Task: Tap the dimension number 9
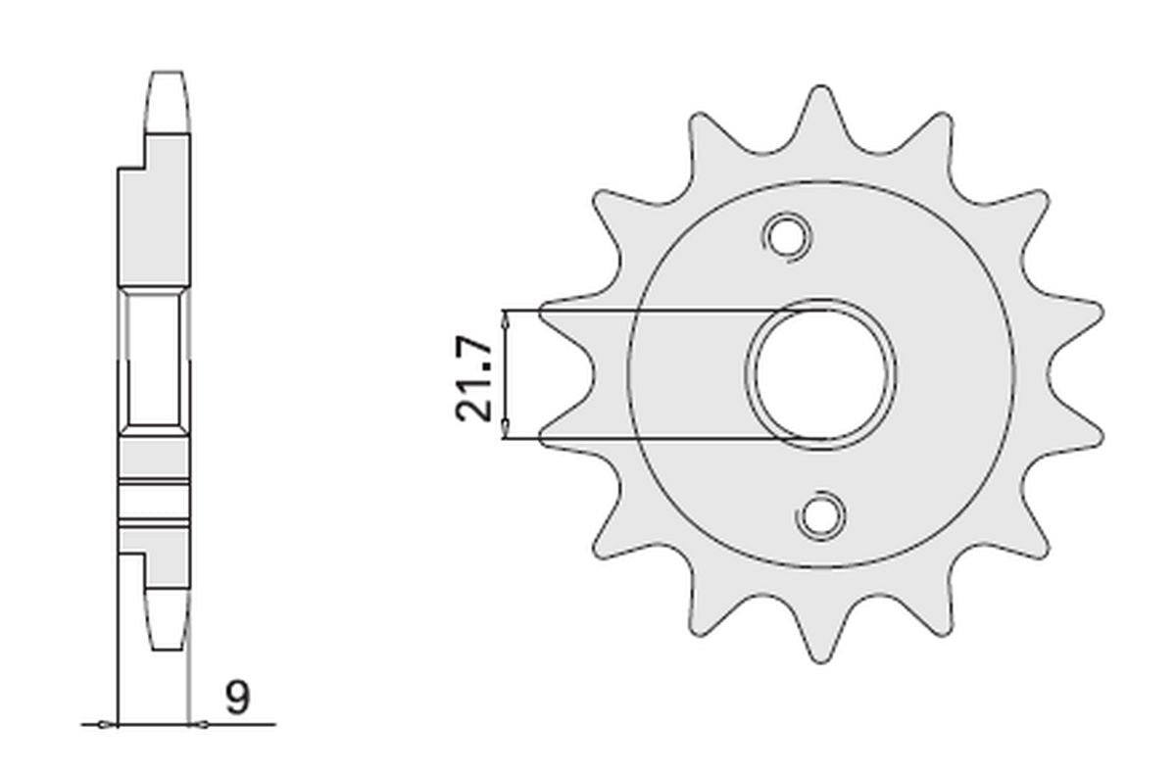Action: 237,699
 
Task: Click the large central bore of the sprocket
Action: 822,374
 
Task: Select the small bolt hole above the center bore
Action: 785,236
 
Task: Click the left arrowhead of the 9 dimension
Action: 109,725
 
